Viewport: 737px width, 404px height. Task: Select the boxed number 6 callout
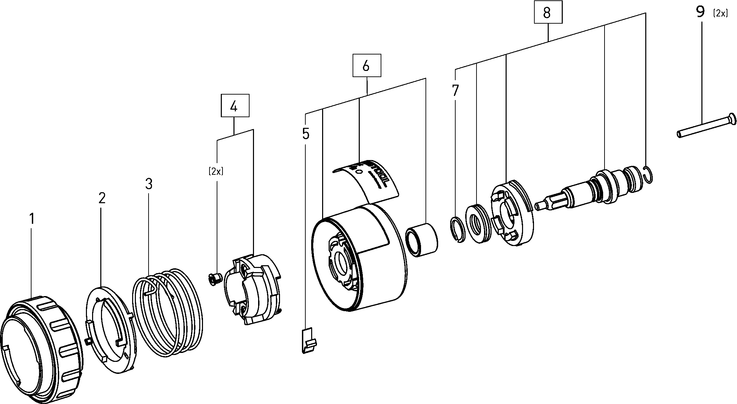[x=367, y=65]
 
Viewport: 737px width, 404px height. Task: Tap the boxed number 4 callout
[x=235, y=106]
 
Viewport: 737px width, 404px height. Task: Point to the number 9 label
[x=700, y=12]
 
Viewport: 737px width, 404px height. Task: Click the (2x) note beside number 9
[x=720, y=13]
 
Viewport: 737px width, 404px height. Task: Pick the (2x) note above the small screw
[x=216, y=171]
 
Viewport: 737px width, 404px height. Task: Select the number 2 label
[x=102, y=198]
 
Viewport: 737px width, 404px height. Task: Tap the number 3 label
[x=149, y=184]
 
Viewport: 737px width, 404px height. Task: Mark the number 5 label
[x=306, y=134]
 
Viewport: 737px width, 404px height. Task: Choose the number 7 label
[x=455, y=91]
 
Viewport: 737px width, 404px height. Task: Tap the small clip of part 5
[x=308, y=340]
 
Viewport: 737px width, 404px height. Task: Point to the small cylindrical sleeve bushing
[x=421, y=240]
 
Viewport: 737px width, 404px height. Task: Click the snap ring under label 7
[x=457, y=229]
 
